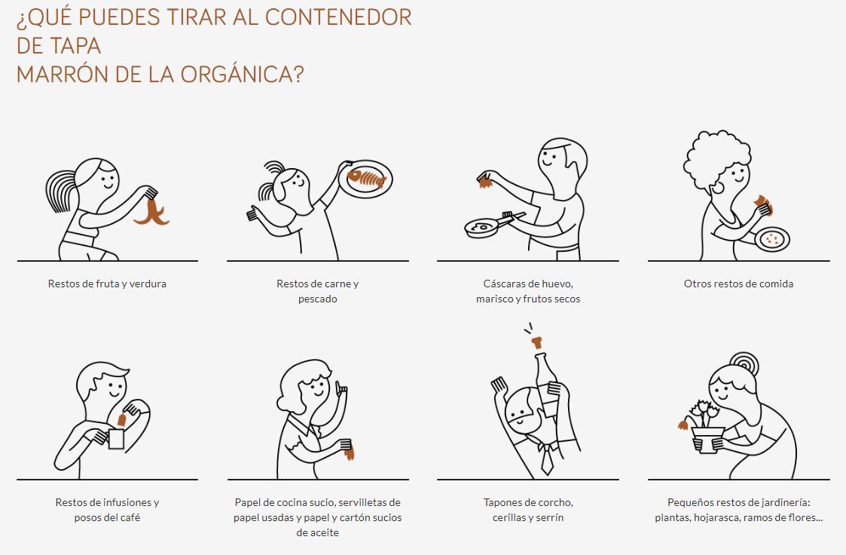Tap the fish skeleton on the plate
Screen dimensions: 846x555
point(367,179)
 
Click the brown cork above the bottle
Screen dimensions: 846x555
point(536,342)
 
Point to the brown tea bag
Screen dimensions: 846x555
point(123,419)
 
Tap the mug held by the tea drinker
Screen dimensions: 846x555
point(116,439)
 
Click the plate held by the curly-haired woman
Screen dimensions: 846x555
point(772,239)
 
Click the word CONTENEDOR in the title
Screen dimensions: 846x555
point(338,17)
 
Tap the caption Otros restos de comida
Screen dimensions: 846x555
point(738,284)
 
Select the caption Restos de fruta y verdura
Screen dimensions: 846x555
point(107,284)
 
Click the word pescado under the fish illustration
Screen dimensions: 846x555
point(318,299)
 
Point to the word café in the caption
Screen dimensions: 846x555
point(130,517)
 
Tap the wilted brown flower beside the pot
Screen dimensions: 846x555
point(683,424)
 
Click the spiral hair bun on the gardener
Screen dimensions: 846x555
point(744,364)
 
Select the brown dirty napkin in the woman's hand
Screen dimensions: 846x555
point(350,452)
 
